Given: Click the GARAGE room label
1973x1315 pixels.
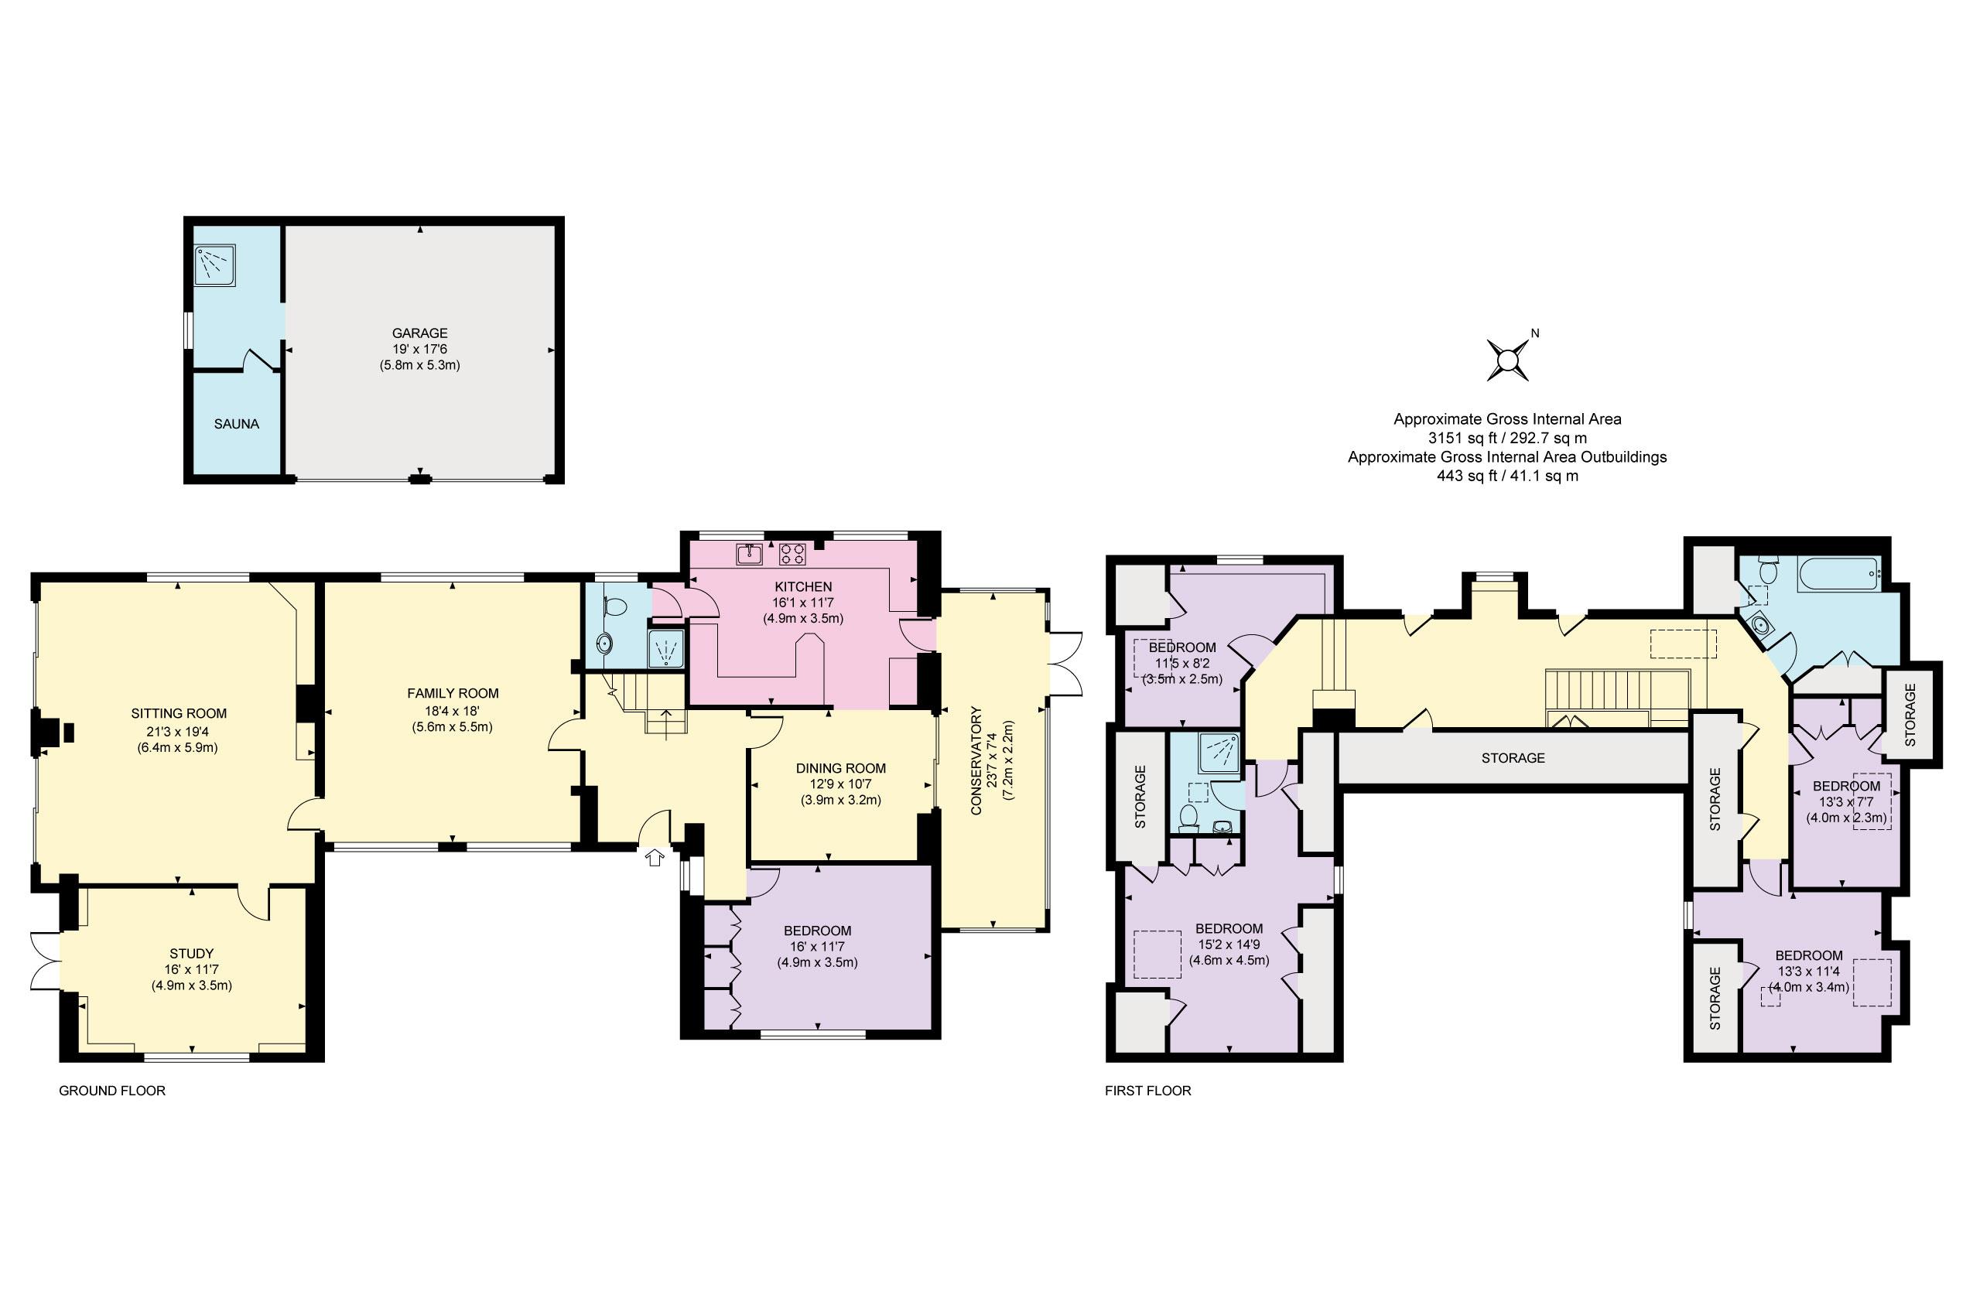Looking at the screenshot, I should tap(419, 333).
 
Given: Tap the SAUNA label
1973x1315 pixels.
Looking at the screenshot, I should tap(237, 425).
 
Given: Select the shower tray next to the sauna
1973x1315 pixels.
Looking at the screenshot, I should tap(215, 265).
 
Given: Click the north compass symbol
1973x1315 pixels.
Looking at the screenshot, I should tap(1508, 360).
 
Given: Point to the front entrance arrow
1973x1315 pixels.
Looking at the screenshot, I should tap(655, 857).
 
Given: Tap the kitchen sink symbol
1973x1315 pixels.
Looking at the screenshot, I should tap(749, 554).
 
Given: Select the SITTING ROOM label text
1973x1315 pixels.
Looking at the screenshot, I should tap(179, 714).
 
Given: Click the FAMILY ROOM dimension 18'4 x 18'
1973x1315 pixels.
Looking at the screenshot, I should tap(452, 710).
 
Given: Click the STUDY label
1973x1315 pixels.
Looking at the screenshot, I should tap(191, 954).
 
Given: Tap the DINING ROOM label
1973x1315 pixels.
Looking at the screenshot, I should tap(840, 768).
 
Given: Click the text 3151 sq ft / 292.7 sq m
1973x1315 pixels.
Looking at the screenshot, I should tap(1507, 438).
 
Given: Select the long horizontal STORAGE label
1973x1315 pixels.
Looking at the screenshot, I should tap(1513, 758).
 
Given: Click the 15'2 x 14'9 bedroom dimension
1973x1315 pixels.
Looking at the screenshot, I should tap(1229, 944).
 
